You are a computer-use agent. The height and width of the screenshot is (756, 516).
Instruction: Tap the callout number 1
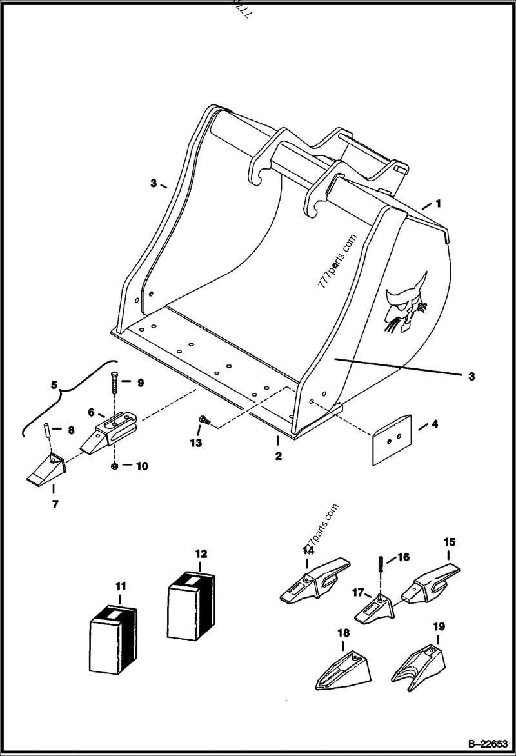[x=438, y=204]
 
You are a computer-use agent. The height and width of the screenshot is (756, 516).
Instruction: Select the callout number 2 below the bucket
[x=278, y=456]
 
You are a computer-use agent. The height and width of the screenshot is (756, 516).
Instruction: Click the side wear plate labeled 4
[x=391, y=439]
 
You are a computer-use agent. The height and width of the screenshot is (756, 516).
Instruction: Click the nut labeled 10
[x=114, y=465]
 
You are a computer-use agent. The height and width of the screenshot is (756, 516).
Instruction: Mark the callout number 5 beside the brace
[x=54, y=386]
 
